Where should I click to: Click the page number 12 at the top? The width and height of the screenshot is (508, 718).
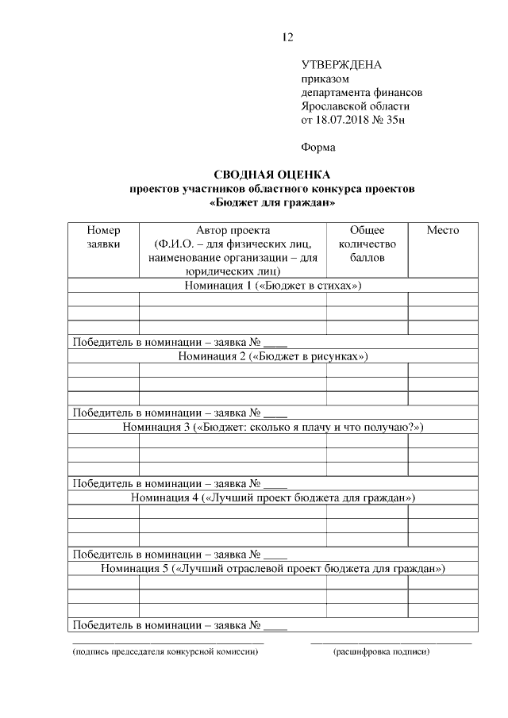click(287, 37)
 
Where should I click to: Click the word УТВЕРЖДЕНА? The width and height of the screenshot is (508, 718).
click(342, 65)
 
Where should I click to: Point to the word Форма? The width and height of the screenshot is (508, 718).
click(318, 147)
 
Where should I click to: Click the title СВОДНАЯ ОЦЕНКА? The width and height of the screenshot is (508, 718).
click(272, 175)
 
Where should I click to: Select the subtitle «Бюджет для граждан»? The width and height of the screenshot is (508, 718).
click(272, 202)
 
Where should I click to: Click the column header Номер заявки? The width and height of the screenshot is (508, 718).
click(103, 237)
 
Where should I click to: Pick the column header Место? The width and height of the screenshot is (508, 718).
click(442, 230)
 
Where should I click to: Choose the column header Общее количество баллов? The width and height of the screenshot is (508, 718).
click(367, 244)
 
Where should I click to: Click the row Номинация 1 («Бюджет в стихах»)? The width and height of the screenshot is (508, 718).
click(272, 286)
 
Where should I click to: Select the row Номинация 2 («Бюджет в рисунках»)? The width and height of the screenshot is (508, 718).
click(272, 356)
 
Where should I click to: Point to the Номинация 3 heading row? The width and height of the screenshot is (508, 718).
click(272, 427)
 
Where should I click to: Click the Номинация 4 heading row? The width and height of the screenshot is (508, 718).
click(272, 497)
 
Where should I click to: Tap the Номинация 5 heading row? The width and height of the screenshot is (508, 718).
click(272, 569)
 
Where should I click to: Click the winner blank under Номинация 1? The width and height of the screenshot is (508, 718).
click(275, 344)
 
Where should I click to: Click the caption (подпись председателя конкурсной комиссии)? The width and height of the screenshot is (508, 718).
click(165, 652)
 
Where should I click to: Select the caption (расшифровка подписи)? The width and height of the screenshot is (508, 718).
click(382, 652)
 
